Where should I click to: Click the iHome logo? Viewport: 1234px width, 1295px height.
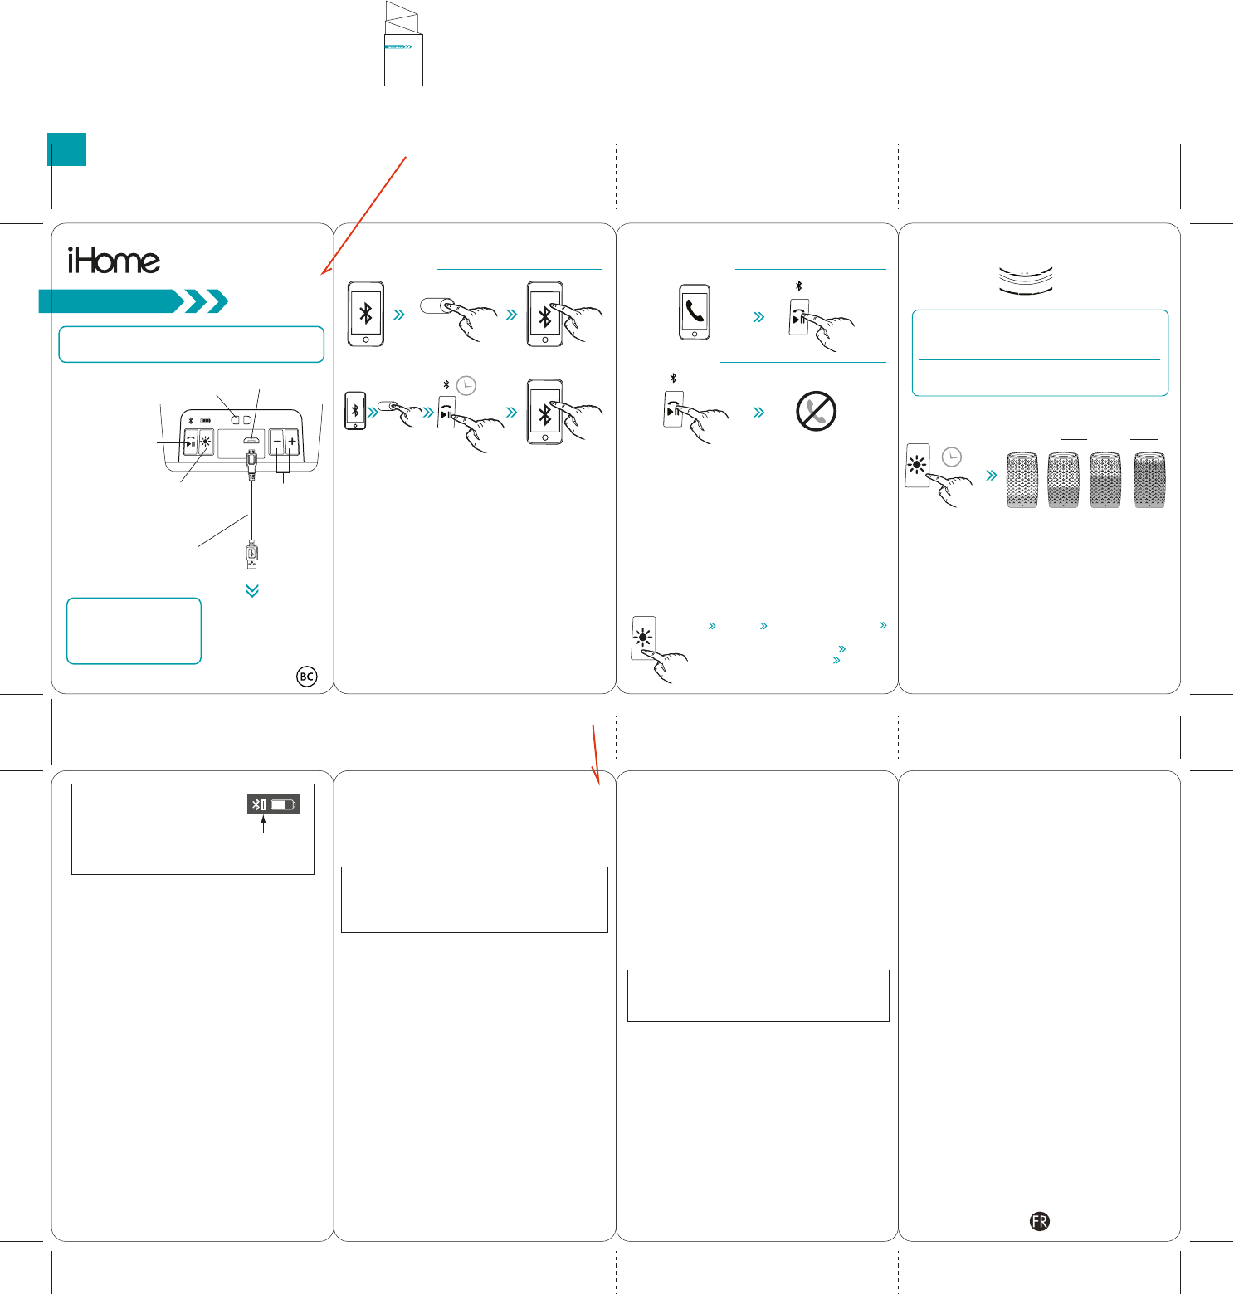(x=114, y=261)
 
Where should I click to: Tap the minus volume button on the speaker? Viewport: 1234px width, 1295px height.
(x=277, y=442)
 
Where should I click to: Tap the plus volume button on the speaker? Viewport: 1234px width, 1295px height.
(x=292, y=442)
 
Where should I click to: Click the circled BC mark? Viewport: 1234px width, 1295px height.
(x=306, y=677)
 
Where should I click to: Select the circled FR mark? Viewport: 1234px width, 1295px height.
(x=1039, y=1221)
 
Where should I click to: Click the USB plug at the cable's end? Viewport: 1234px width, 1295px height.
(x=251, y=554)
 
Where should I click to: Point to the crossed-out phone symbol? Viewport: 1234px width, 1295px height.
(x=816, y=411)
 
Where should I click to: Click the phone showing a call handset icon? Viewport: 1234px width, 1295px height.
(x=695, y=312)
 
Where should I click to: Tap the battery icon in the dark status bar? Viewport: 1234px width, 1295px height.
(x=283, y=804)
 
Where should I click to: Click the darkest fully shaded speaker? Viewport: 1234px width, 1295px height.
(x=1149, y=480)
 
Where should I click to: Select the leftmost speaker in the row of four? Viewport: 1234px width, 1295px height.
(x=1022, y=480)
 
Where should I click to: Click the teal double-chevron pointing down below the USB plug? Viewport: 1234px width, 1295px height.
(x=252, y=590)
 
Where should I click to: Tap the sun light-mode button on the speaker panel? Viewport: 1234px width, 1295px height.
(x=205, y=442)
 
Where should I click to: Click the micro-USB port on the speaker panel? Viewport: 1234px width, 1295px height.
(x=251, y=441)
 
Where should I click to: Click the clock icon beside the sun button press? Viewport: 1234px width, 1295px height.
(x=952, y=457)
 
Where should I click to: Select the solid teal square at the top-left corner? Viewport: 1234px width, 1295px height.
(x=66, y=149)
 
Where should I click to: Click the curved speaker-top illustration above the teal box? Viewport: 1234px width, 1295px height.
(x=1025, y=281)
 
